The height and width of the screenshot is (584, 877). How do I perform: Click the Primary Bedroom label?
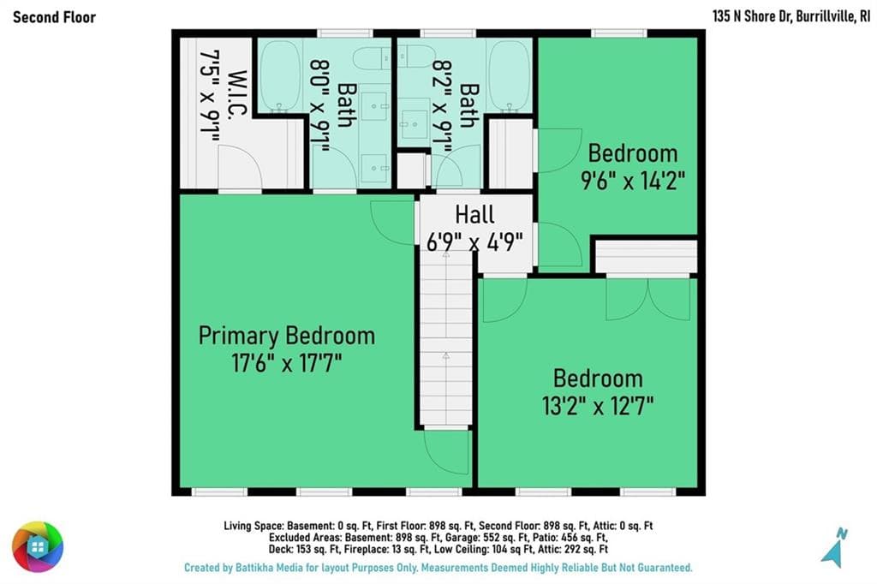click(286, 336)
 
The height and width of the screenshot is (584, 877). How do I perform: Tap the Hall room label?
click(474, 214)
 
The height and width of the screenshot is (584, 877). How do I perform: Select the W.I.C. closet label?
click(238, 94)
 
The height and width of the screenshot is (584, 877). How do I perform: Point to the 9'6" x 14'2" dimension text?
click(633, 181)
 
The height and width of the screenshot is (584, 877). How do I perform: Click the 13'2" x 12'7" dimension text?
click(597, 406)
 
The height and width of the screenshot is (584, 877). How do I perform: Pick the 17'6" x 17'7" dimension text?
click(286, 363)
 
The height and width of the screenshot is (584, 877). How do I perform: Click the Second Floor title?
click(54, 17)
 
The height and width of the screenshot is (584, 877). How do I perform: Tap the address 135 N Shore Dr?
click(752, 16)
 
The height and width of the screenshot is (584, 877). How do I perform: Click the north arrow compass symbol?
click(834, 547)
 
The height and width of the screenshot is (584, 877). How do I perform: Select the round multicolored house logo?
click(38, 546)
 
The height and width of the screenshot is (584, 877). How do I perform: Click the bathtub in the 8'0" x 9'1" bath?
click(280, 75)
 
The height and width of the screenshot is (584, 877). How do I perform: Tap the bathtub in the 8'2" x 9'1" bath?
click(509, 75)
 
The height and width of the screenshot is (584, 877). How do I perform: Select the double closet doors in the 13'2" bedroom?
click(647, 299)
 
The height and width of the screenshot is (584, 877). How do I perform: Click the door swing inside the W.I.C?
click(240, 166)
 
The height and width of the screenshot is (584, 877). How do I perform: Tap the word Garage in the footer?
click(462, 538)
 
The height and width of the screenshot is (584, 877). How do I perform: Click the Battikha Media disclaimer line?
click(438, 568)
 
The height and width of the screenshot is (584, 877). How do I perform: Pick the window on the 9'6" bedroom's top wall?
click(618, 33)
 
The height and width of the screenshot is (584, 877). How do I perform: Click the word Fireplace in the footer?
click(362, 549)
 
